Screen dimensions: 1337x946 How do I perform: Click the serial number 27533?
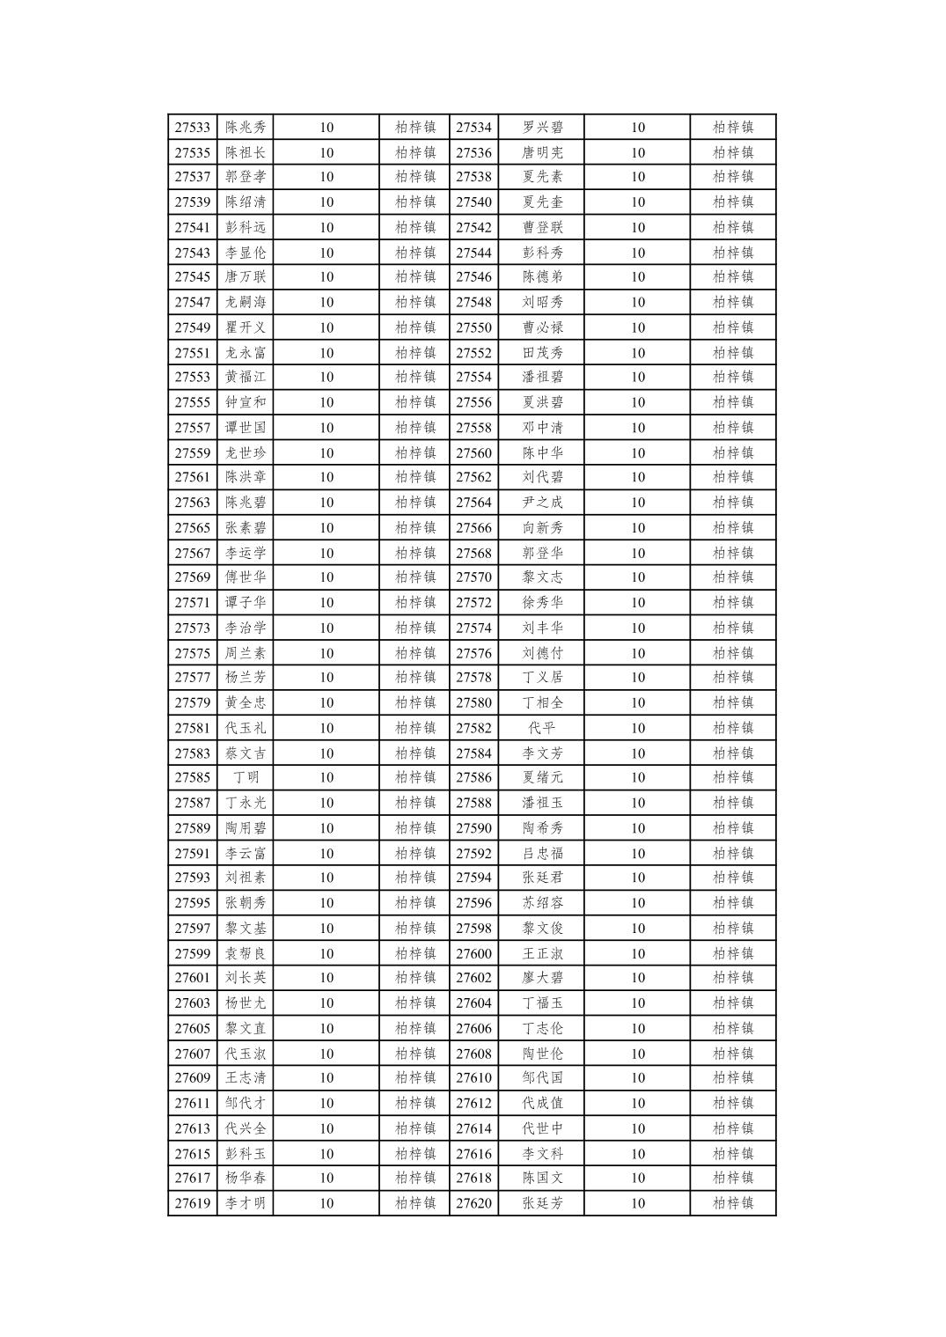coord(192,128)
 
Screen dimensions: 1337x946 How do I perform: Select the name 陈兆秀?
coord(246,128)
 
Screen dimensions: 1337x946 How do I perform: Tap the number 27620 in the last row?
coord(473,1203)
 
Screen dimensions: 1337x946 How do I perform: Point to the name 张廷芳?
coord(542,1203)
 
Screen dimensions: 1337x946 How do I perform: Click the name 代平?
coord(542,728)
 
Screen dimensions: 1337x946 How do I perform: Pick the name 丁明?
coord(246,777)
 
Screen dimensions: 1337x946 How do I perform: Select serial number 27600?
coord(473,953)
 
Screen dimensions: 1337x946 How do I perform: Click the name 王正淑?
coord(542,953)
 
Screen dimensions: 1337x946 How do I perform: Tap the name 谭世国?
coord(246,428)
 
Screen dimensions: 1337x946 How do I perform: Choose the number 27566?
coord(473,528)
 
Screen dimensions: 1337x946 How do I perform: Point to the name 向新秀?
coord(542,528)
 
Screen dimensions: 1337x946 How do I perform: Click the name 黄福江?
coord(246,377)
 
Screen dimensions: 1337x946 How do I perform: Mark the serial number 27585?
coord(192,777)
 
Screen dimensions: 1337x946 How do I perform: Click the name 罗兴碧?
coord(542,128)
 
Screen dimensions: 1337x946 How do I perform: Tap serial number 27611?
coord(192,1103)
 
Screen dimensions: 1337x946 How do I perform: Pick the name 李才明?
coord(246,1203)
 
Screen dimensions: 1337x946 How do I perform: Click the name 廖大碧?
coord(542,977)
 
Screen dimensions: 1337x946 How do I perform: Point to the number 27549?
coord(192,327)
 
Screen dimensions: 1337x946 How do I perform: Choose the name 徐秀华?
coord(542,603)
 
